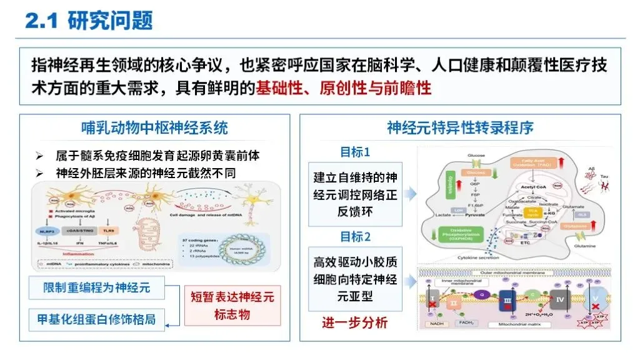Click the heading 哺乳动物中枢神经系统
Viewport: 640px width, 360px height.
pos(154,128)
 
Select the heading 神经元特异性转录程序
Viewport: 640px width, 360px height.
pos(460,128)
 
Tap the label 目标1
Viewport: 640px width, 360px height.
pos(355,152)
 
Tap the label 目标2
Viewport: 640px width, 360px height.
pos(355,237)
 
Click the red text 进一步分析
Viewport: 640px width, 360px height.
pos(354,322)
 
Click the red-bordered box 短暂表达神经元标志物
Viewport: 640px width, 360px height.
pos(232,305)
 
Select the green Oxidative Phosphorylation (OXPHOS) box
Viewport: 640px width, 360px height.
pos(459,235)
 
